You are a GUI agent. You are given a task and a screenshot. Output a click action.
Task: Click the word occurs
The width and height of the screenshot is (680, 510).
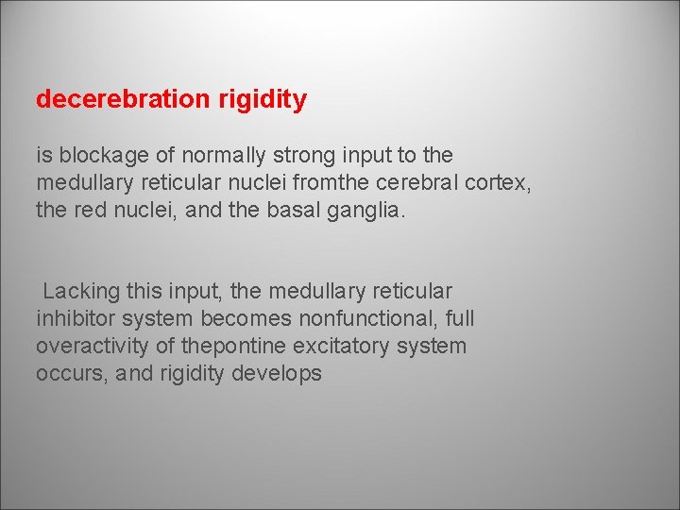(x=68, y=374)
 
